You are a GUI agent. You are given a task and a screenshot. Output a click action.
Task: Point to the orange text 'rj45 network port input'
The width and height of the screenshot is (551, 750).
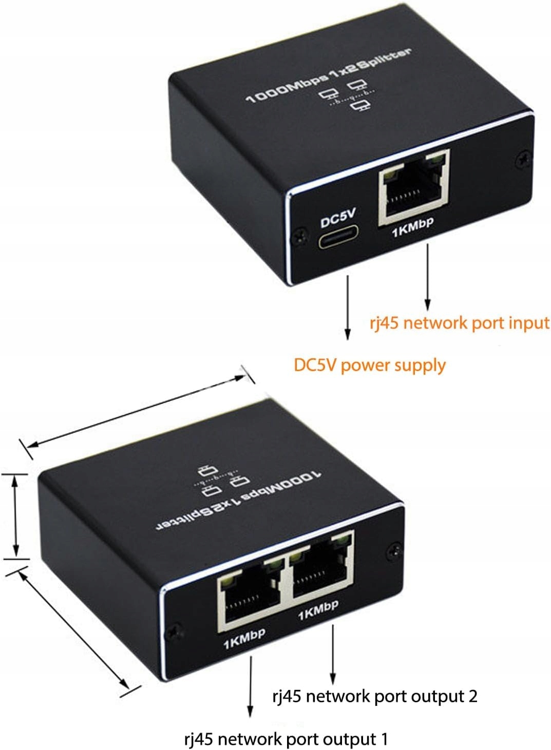(x=460, y=323)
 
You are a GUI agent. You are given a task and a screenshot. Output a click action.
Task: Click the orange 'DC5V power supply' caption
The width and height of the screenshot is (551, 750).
(x=369, y=365)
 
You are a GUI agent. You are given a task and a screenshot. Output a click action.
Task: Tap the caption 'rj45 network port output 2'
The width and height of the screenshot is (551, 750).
(x=374, y=696)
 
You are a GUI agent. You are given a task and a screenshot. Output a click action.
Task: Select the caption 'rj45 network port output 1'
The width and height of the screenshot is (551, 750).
(x=286, y=739)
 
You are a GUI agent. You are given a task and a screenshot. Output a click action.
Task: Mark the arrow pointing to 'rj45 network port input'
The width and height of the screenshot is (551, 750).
(x=427, y=277)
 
